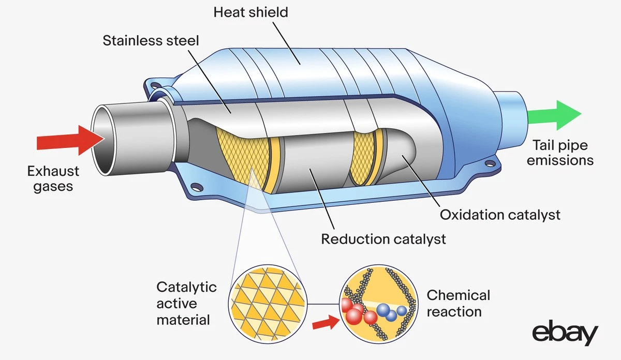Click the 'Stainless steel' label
[151, 40]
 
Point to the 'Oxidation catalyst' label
[500, 214]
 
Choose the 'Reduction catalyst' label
[383, 239]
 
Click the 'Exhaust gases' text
[53, 178]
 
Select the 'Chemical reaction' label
[458, 304]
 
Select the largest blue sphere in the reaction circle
[384, 310]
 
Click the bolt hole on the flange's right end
[488, 164]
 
